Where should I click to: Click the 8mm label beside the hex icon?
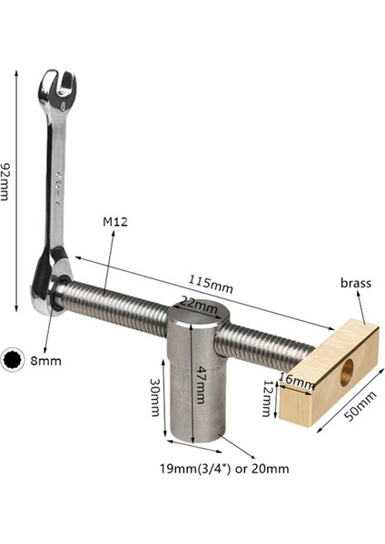[46, 359]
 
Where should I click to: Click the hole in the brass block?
[346, 371]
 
